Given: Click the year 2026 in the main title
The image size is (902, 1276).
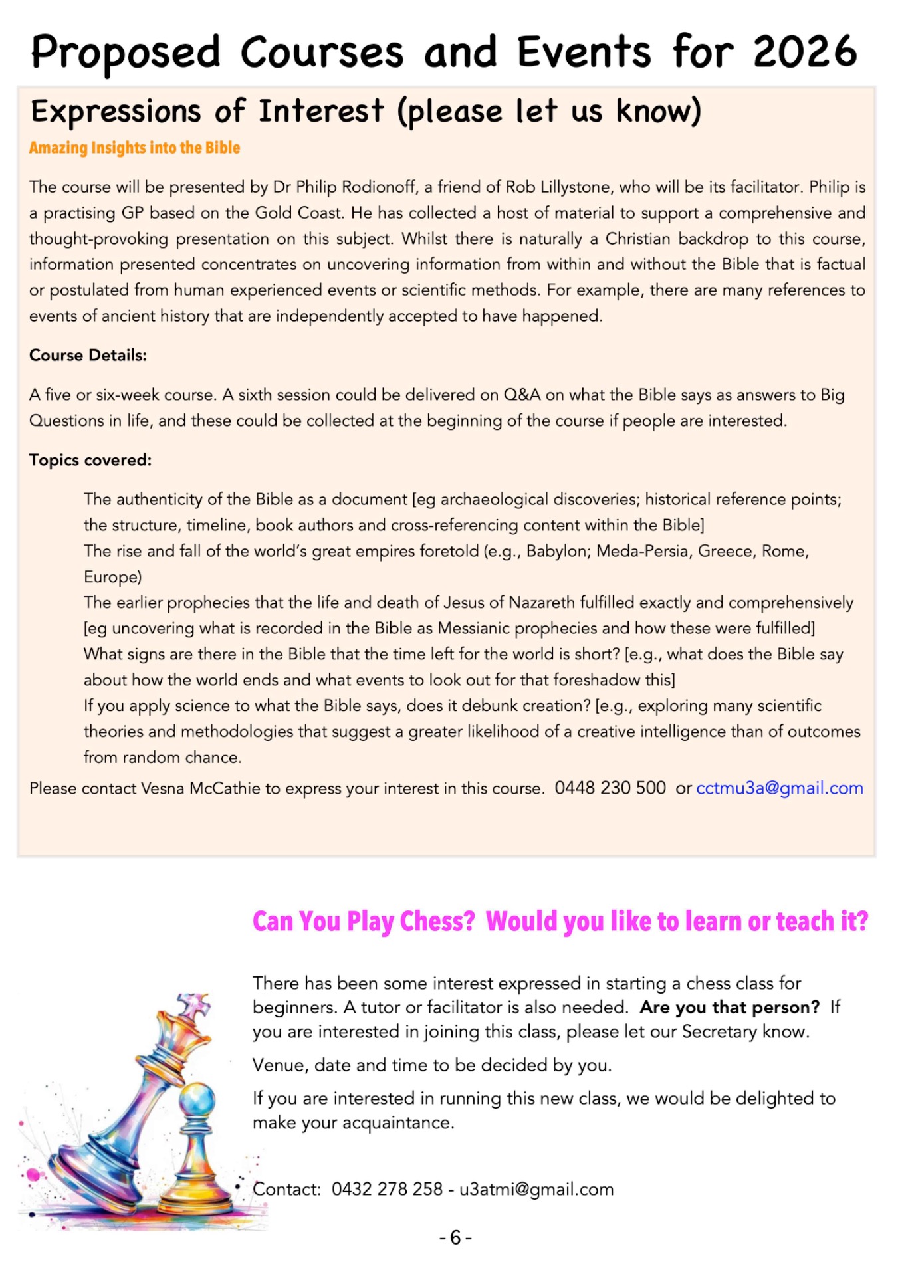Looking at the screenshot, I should coord(805,51).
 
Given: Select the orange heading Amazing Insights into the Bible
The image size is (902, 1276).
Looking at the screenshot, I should coord(134,148).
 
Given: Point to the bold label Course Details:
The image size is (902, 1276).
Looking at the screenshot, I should coord(88,355).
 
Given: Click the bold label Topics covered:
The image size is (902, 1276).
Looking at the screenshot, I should coord(90,460).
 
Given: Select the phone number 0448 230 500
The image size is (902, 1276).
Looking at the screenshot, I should coord(610,788).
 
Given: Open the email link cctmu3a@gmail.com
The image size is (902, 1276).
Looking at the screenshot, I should coord(780,788).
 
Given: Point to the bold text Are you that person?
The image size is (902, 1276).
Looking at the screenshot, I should coord(729,1008).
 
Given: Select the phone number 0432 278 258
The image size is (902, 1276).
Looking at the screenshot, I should coord(387,1189).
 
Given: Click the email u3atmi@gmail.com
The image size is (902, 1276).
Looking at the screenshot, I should coord(536,1189).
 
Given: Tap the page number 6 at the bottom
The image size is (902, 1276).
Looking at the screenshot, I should coord(455,1237).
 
